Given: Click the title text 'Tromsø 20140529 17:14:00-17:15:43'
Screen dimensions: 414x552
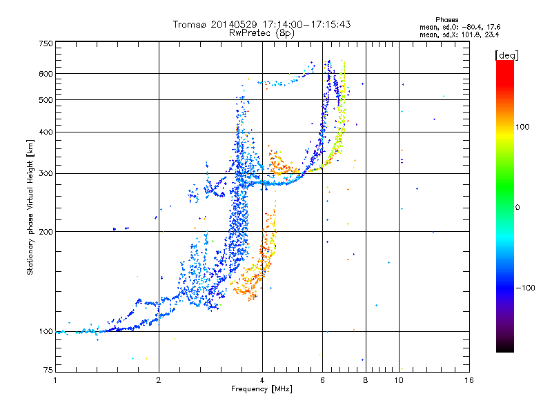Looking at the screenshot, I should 262,24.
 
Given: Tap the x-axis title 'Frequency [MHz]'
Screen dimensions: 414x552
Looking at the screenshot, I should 262,389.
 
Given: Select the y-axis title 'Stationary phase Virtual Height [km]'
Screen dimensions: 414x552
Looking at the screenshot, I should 30,207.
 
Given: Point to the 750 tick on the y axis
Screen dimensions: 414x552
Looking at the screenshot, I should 46,43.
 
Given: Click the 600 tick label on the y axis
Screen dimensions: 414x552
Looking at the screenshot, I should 46,74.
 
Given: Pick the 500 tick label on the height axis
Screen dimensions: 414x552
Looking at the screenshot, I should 46,100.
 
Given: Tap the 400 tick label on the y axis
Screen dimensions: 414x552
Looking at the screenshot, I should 46,132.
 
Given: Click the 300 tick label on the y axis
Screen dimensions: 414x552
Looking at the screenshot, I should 46,173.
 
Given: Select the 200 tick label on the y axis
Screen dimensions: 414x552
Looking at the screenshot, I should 46,232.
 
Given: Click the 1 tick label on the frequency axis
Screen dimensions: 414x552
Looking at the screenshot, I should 55,379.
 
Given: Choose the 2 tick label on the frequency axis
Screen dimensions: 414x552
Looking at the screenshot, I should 159,379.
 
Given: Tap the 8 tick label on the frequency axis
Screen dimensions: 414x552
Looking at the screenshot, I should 366,379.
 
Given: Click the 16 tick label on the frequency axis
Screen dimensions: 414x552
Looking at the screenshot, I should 469,379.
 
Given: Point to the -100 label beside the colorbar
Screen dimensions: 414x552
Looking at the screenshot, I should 526,288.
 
